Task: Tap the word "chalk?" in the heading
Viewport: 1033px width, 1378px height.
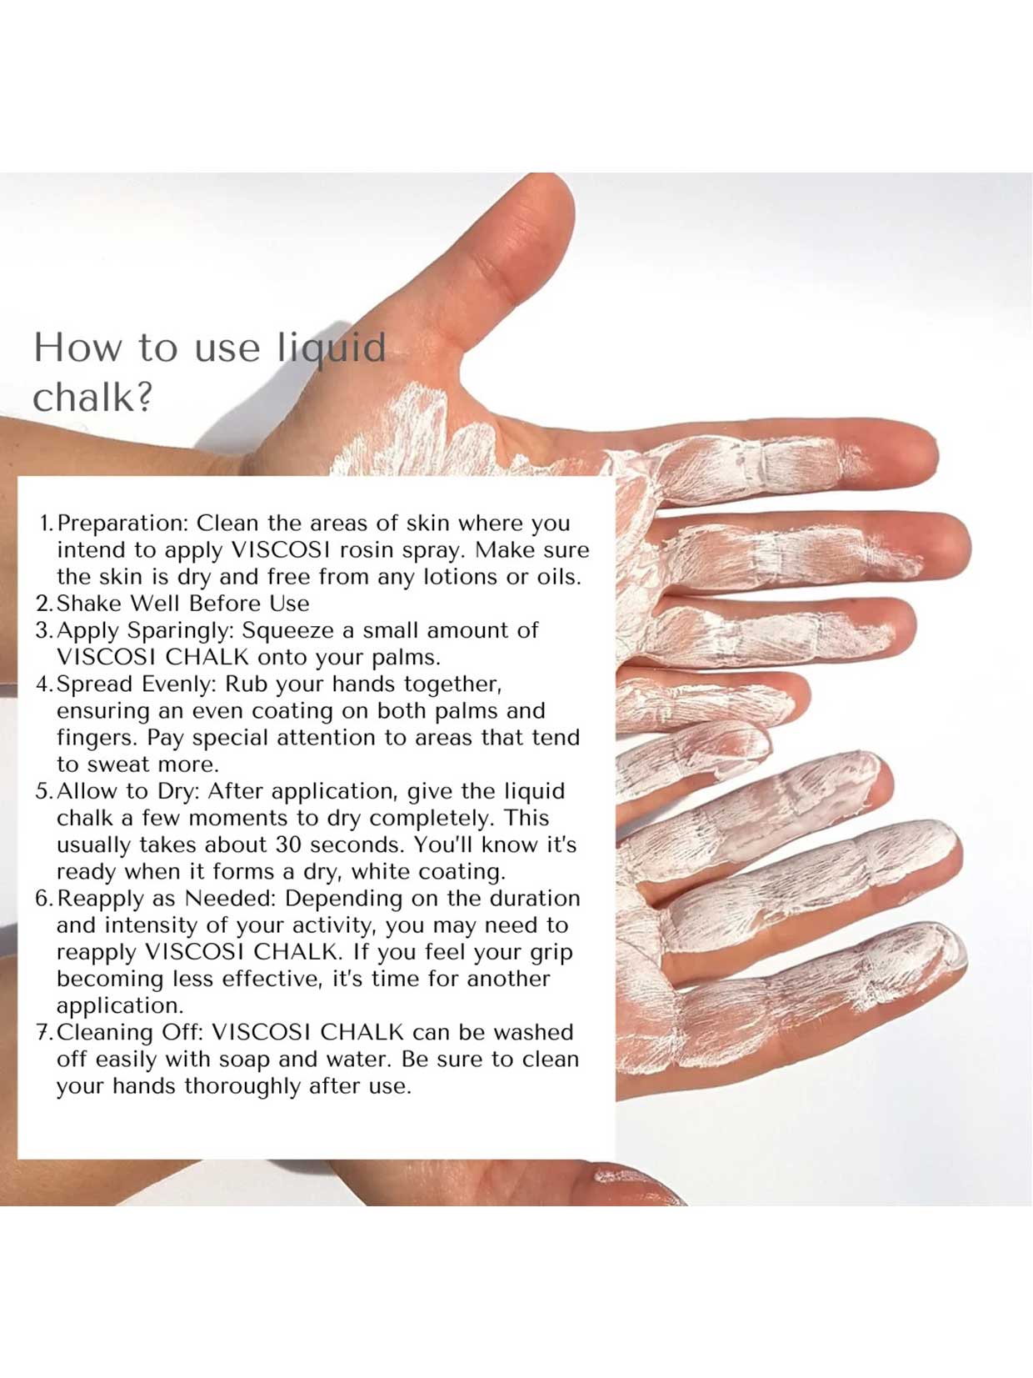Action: pyautogui.click(x=92, y=398)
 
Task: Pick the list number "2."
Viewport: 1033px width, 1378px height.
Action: pyautogui.click(x=45, y=604)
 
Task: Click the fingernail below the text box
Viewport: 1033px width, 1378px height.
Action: pyautogui.click(x=633, y=1179)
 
